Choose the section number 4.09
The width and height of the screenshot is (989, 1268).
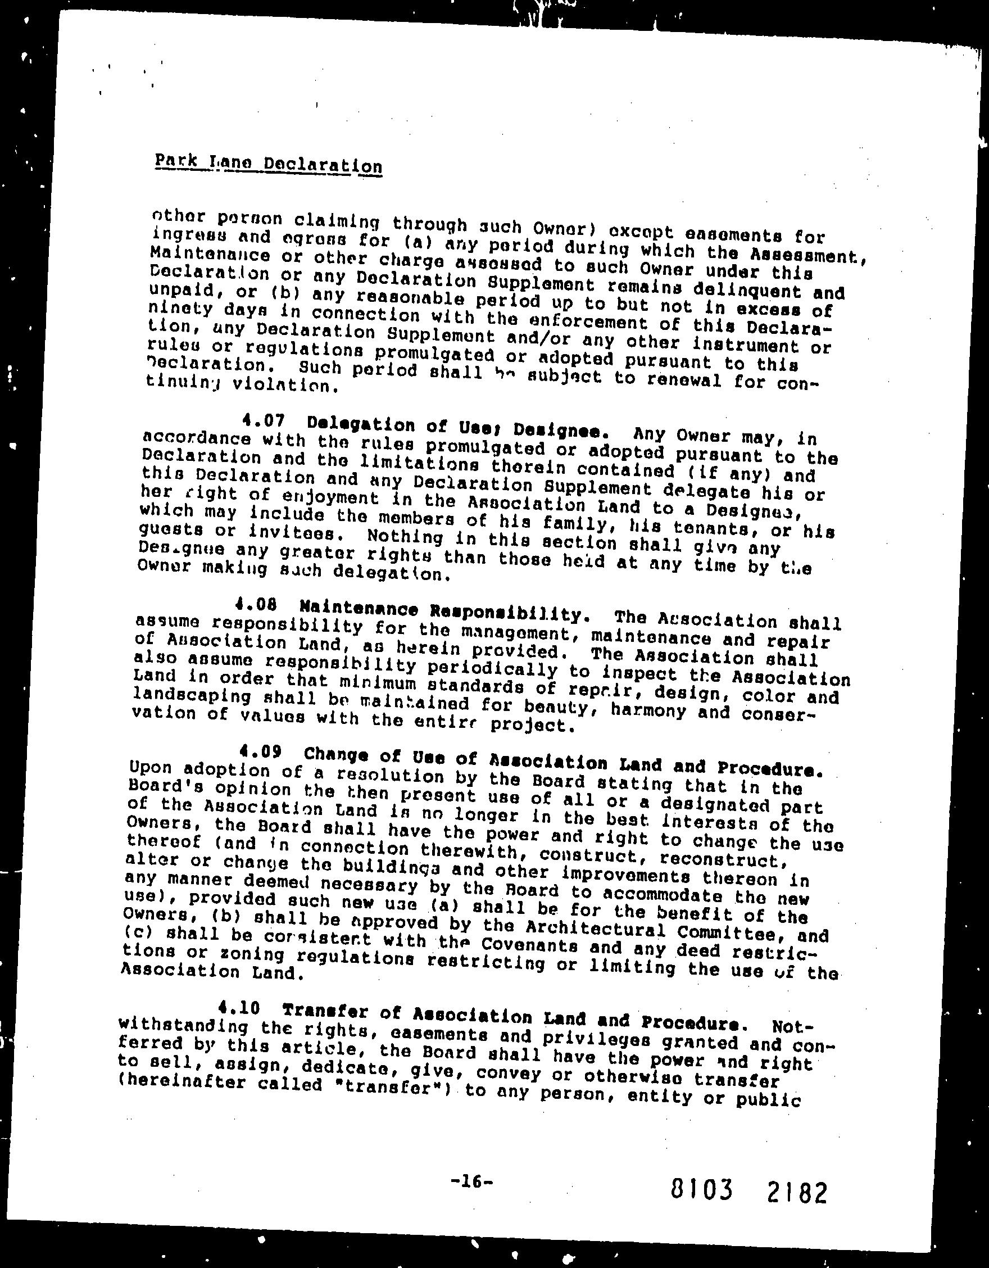click(260, 753)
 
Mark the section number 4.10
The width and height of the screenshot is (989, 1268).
click(237, 1008)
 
